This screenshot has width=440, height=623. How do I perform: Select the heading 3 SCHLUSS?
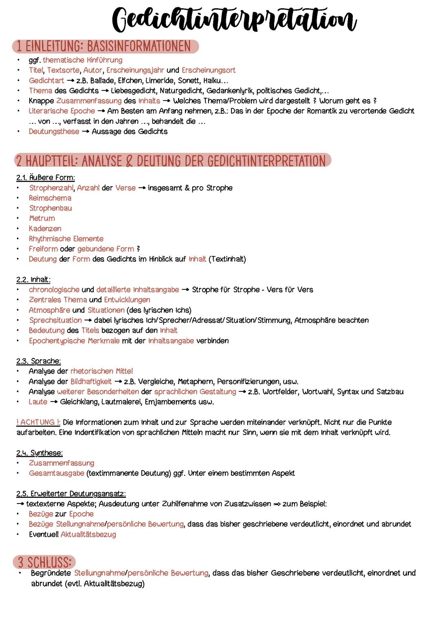pos(44,562)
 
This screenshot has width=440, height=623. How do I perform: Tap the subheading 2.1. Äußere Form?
pos(46,177)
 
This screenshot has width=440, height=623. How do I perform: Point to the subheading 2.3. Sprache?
pos(39,361)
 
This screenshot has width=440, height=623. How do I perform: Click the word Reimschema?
pos(50,198)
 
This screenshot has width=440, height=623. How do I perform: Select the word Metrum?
pos(42,218)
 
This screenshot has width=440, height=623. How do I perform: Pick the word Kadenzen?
pos(45,228)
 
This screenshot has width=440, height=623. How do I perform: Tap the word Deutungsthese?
pos(54,131)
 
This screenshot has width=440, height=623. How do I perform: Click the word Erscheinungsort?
pos(208,70)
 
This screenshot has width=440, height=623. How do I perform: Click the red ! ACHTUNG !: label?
pos(38,422)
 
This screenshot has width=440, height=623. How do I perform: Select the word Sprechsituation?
pos(55,320)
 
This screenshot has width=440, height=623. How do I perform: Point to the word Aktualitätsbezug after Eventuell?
pos(88,534)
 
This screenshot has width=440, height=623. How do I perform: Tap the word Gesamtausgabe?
pos(57,473)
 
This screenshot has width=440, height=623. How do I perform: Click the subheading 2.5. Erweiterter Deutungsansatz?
pos(71,493)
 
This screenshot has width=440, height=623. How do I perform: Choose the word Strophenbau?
pos(51,208)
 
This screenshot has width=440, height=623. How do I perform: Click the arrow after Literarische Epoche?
pos(101,111)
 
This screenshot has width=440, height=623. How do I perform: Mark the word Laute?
pos(38,402)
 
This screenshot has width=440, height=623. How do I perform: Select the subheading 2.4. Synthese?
pos(40,453)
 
